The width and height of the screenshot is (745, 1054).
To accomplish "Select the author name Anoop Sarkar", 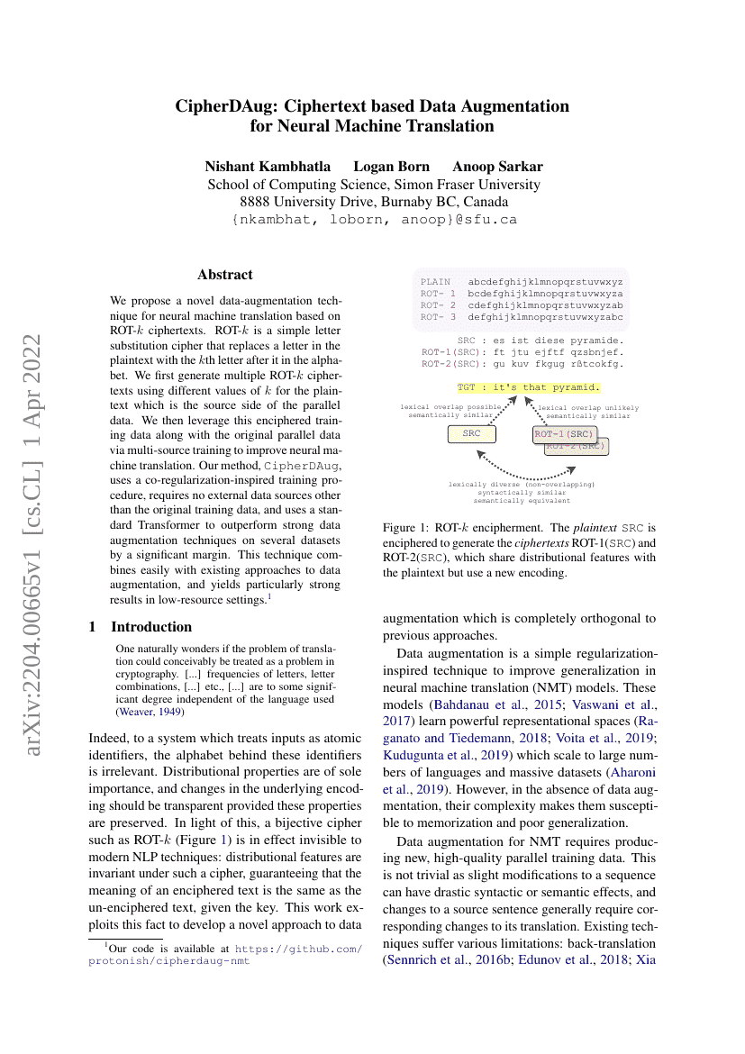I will (497, 167).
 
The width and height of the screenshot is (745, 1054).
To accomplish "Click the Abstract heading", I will (225, 275).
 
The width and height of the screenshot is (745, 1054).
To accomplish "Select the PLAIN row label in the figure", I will (435, 282).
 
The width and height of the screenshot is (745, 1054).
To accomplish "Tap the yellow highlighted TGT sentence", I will (528, 387).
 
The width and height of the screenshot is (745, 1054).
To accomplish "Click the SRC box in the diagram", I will (472, 434).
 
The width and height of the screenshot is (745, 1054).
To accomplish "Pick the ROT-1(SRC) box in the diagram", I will (563, 434).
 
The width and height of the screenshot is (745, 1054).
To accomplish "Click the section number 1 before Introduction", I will (93, 627).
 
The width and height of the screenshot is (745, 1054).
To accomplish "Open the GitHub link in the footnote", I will (297, 949).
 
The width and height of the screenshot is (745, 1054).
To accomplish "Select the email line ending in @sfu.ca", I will (374, 219).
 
